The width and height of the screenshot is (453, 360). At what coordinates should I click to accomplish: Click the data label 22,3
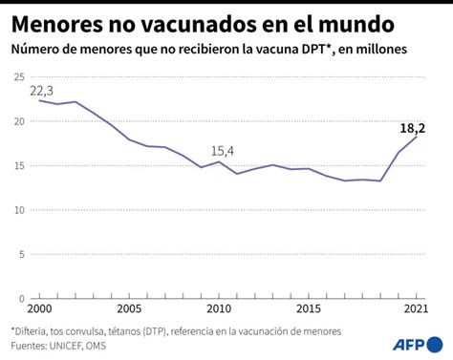(41, 91)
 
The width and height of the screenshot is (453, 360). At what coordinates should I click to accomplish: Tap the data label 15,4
(221, 150)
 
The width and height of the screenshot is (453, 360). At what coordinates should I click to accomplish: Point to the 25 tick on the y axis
(19, 78)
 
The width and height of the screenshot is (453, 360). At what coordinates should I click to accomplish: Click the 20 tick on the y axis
(19, 122)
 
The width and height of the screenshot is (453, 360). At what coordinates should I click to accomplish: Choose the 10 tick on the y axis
(19, 210)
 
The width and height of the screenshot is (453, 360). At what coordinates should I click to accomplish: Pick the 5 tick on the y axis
(22, 254)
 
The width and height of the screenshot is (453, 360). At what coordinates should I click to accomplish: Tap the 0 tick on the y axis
(22, 298)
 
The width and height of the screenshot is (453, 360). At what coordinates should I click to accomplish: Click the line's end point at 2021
(416, 137)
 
